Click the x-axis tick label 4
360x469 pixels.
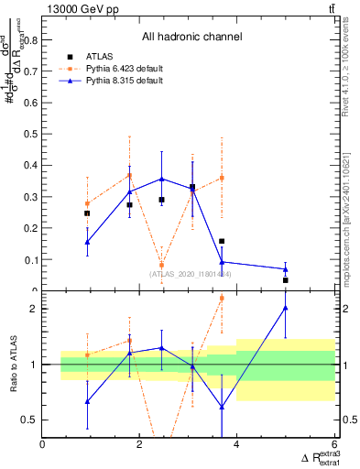236,444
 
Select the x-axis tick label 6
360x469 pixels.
333,444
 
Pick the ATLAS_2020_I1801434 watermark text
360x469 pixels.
191,274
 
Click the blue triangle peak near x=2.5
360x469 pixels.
161,179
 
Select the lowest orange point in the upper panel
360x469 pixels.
161,265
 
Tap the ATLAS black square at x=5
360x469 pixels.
286,280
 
